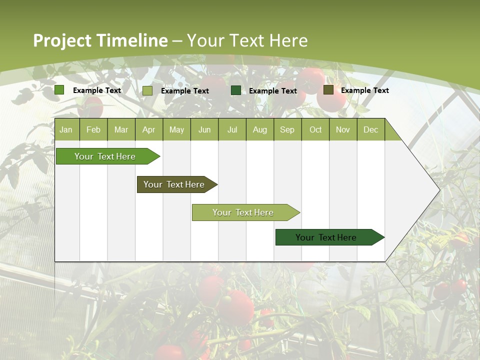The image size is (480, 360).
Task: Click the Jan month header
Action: tap(66, 130)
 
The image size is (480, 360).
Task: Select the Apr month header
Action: tap(149, 130)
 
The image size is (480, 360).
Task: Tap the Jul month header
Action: tap(232, 130)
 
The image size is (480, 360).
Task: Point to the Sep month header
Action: tap(287, 130)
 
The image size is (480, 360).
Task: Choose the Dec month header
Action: tap(370, 130)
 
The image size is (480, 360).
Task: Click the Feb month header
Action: tap(93, 130)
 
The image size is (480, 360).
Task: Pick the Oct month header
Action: tap(315, 130)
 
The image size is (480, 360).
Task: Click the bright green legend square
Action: tap(59, 90)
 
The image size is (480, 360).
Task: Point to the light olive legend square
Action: tap(147, 90)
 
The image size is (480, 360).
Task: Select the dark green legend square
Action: tap(236, 90)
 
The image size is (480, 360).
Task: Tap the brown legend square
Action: tap(328, 90)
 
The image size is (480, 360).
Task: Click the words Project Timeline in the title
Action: tap(100, 40)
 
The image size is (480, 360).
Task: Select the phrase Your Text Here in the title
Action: tap(247, 40)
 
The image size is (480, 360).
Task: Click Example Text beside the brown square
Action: tap(364, 90)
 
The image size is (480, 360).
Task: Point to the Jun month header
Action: tap(204, 130)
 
